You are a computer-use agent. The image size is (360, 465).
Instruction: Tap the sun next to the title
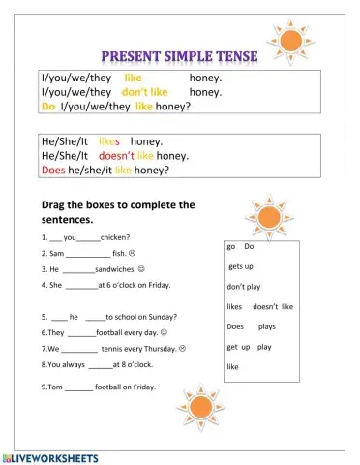click(289, 42)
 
